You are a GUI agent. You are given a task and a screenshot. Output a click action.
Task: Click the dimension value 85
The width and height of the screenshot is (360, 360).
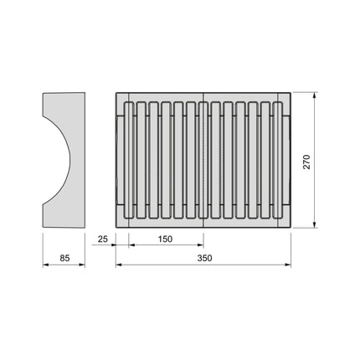tap(64, 258)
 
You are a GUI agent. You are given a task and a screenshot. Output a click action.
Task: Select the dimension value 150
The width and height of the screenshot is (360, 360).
tap(164, 239)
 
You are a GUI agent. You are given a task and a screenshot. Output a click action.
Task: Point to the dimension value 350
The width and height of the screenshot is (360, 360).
tap(203, 258)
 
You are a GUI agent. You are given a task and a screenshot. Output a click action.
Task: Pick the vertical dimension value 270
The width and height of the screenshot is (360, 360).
tap(306, 161)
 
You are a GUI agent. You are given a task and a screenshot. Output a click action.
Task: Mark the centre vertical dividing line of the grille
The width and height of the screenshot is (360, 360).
tap(203, 159)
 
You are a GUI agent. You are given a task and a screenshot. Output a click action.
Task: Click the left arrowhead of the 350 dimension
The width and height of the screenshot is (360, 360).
tap(117, 265)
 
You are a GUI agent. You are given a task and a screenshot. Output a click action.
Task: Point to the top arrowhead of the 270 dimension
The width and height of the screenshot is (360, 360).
tap(314, 95)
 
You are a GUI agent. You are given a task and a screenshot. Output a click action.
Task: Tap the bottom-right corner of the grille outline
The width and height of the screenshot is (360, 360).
tap(291, 228)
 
